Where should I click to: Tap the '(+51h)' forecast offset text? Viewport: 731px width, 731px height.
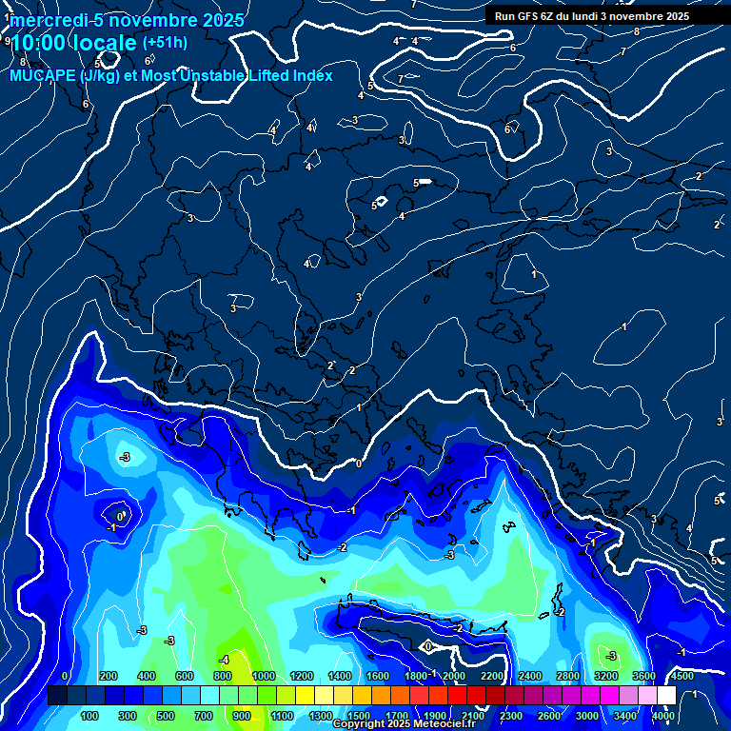(x=165, y=43)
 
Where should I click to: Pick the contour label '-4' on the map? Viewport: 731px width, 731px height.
(x=225, y=660)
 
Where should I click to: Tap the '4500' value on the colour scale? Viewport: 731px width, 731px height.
(x=682, y=676)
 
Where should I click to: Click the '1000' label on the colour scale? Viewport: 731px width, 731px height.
(x=264, y=676)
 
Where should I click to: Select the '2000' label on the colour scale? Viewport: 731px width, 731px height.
(x=454, y=676)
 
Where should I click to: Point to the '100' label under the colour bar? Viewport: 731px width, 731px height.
(x=89, y=716)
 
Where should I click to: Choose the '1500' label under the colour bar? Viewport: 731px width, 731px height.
(x=359, y=716)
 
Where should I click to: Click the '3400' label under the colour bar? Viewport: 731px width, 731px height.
(x=625, y=716)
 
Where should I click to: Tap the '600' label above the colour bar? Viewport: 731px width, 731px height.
(x=186, y=676)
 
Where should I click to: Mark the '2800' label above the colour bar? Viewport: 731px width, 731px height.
(x=568, y=676)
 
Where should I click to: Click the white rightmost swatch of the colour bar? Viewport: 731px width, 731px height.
(x=666, y=696)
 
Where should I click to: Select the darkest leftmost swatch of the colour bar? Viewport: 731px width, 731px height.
(x=57, y=696)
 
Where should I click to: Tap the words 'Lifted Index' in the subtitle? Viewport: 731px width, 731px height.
(x=289, y=75)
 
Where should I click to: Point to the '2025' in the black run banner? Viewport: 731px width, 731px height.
(x=677, y=16)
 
